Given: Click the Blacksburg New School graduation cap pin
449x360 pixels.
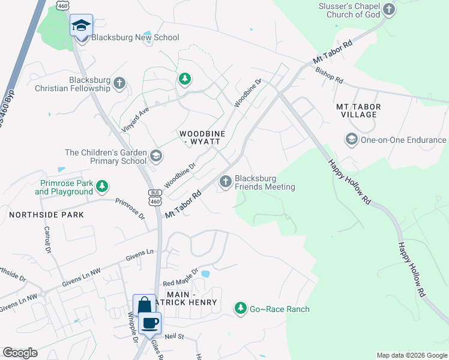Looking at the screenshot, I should click(81, 26).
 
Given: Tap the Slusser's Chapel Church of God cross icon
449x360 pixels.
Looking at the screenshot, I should click(389, 9).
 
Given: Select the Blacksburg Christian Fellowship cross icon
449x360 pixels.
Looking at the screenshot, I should click(119, 83).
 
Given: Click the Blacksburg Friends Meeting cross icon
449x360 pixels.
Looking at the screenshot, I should click(226, 181).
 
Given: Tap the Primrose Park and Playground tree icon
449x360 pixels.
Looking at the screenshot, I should click(103, 187).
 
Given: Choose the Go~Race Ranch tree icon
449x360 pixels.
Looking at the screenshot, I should click(241, 308).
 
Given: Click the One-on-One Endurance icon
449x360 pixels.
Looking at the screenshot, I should click(351, 140).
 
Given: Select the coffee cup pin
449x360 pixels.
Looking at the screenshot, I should click(149, 323).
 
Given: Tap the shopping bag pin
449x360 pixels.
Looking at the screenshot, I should click(144, 305).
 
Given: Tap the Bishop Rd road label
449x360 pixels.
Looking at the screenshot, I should click(329, 75).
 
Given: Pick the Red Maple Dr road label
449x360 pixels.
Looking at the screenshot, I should click(180, 277).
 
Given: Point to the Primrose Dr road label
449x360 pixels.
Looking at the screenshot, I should click(130, 209).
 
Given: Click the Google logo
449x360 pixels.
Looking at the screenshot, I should click(20, 353).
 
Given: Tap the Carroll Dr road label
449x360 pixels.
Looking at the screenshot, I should click(49, 238).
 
